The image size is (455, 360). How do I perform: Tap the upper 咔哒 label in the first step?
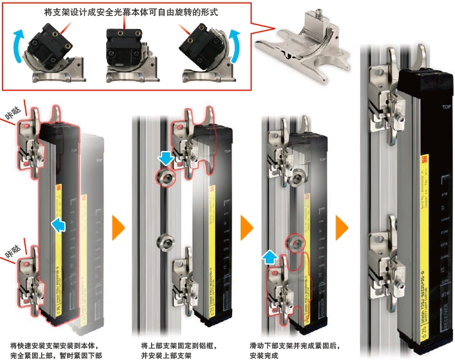click(x=14, y=114)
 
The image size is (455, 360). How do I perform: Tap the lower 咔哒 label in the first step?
click(x=14, y=251)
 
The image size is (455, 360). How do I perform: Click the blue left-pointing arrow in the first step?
click(x=59, y=226)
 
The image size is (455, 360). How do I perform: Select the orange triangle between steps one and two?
click(x=118, y=227)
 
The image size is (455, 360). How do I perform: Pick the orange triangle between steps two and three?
click(x=246, y=227)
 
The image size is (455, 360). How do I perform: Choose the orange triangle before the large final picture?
click(x=342, y=227)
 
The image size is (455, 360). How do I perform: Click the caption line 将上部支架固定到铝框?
click(x=179, y=345)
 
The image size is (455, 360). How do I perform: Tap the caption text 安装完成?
click(x=265, y=355)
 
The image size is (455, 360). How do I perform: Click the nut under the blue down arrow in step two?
click(x=166, y=177)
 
